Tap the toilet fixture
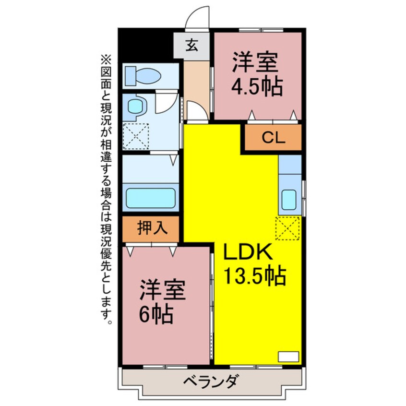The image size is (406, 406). point(143,75)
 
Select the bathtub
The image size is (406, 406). point(150,198)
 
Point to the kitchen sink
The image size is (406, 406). point(290,199)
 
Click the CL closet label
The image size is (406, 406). point(274,138)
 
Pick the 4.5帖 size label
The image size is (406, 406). point(257,87)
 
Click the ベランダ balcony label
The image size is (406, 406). point(210,382)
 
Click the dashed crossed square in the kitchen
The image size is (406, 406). point(287,228)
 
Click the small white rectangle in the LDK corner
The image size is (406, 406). point(288,356)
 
